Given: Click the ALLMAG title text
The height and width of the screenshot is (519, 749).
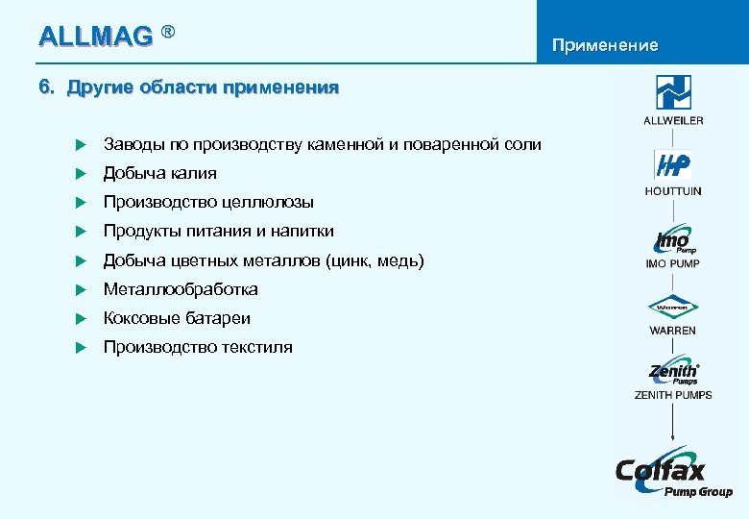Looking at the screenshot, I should (95, 37).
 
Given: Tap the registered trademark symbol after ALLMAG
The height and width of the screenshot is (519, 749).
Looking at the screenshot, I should (168, 32).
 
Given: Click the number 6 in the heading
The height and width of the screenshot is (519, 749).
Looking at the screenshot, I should (44, 88).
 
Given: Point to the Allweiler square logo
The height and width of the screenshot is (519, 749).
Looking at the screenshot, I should (673, 92).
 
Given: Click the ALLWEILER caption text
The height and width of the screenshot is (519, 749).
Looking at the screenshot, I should (673, 120).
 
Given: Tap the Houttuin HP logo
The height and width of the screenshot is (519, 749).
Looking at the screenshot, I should (673, 164).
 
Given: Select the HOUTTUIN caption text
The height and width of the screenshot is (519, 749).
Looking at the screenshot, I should (673, 191).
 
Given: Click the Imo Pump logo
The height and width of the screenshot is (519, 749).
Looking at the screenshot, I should (673, 239).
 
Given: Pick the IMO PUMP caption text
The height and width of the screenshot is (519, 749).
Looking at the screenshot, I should (673, 263).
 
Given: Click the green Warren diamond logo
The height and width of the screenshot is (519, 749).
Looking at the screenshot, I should (673, 309).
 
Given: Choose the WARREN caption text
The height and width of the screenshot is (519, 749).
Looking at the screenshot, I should (673, 331).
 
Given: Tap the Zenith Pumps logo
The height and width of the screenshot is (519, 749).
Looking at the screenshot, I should (673, 372).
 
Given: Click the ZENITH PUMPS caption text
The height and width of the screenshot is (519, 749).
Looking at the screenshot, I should (673, 395).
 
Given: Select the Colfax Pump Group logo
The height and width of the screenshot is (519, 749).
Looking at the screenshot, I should (673, 473).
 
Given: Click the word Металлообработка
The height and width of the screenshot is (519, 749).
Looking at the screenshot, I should (181, 289).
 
